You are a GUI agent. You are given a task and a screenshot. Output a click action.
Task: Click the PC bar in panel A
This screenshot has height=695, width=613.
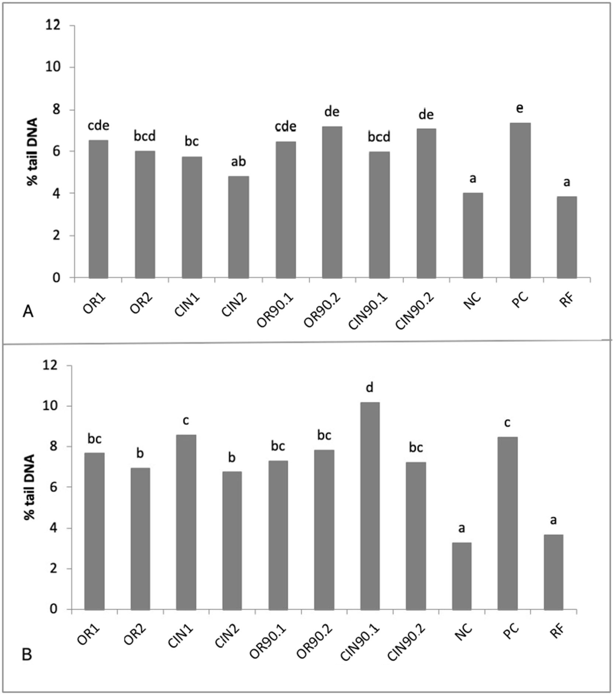pyautogui.click(x=520, y=201)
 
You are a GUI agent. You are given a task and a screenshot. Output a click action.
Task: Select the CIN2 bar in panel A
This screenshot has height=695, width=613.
pyautogui.click(x=238, y=227)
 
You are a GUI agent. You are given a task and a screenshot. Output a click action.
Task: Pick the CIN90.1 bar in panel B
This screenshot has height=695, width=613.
pyautogui.click(x=370, y=506)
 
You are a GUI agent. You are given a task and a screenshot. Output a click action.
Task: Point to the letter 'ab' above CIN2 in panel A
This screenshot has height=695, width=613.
pyautogui.click(x=238, y=162)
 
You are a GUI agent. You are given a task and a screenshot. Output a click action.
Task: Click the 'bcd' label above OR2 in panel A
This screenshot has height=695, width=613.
pyautogui.click(x=145, y=136)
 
